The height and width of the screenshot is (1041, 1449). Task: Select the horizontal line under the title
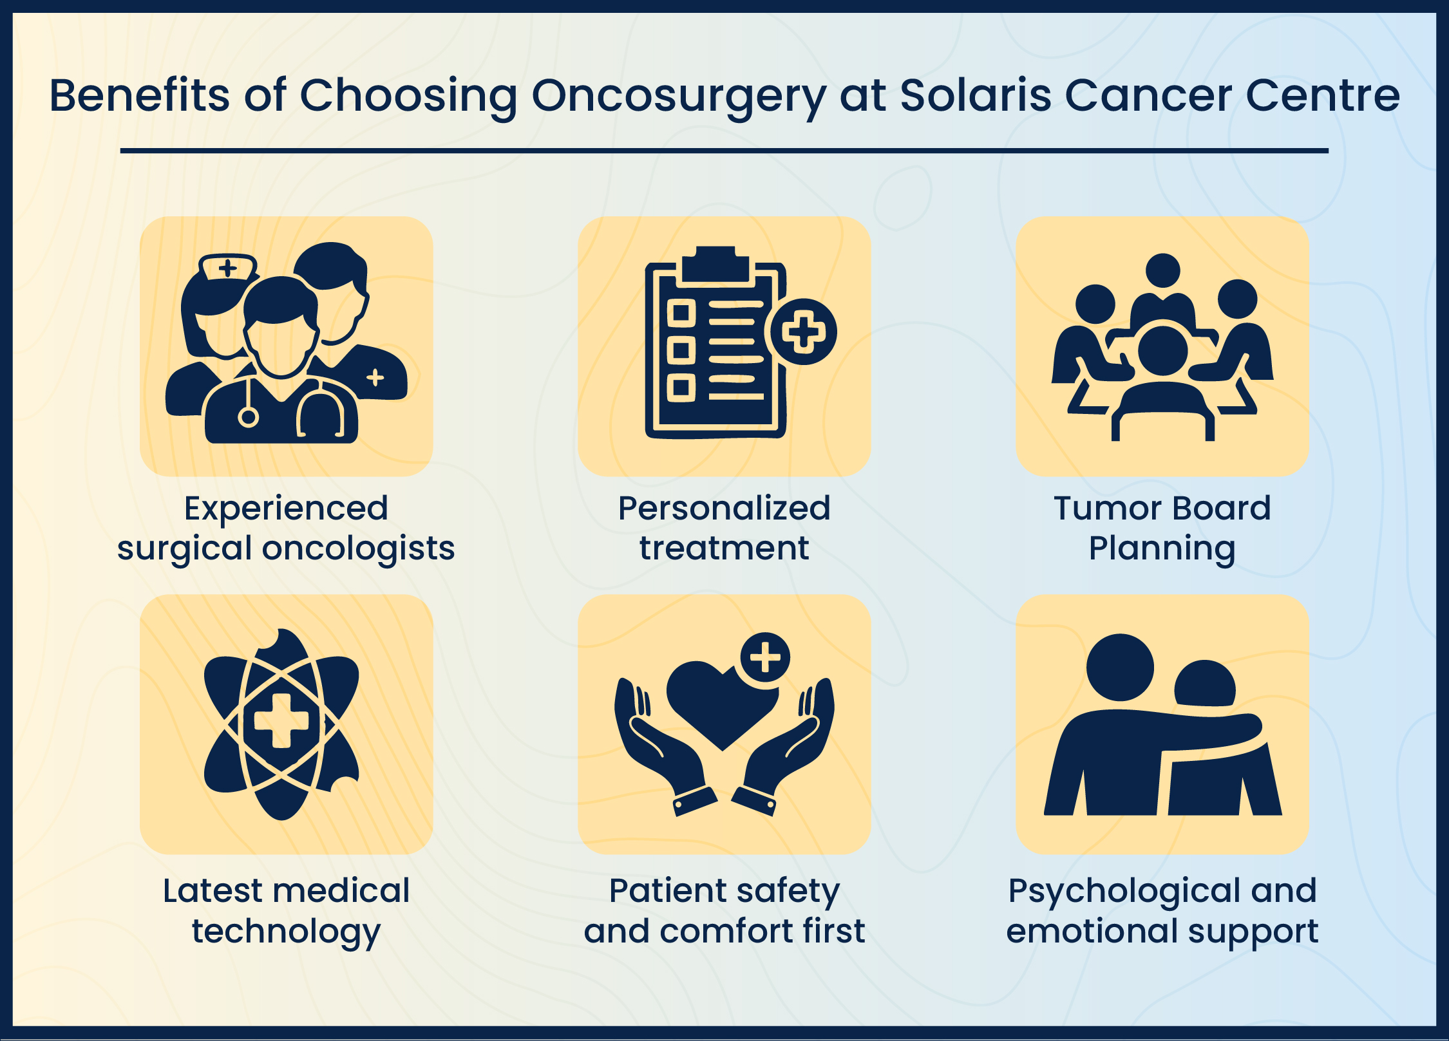point(724,151)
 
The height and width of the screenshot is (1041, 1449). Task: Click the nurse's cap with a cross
point(228,267)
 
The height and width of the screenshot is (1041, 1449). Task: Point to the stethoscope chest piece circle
point(248,417)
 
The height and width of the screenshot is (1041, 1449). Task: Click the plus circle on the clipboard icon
point(802,332)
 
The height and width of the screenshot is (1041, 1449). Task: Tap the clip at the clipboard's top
point(715,264)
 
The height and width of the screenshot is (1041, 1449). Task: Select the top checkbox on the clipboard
point(681,314)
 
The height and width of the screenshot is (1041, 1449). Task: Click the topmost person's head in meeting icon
point(1162,270)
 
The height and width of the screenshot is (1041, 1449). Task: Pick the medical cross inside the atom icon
point(281,721)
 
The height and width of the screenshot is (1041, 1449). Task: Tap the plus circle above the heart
point(765,657)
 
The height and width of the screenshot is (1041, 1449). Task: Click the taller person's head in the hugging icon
point(1120,668)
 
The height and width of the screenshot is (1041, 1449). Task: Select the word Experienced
point(286,509)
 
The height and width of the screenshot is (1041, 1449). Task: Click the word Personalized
point(724,509)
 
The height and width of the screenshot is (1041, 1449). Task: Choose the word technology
point(286,932)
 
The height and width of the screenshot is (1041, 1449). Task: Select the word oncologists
point(358,549)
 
